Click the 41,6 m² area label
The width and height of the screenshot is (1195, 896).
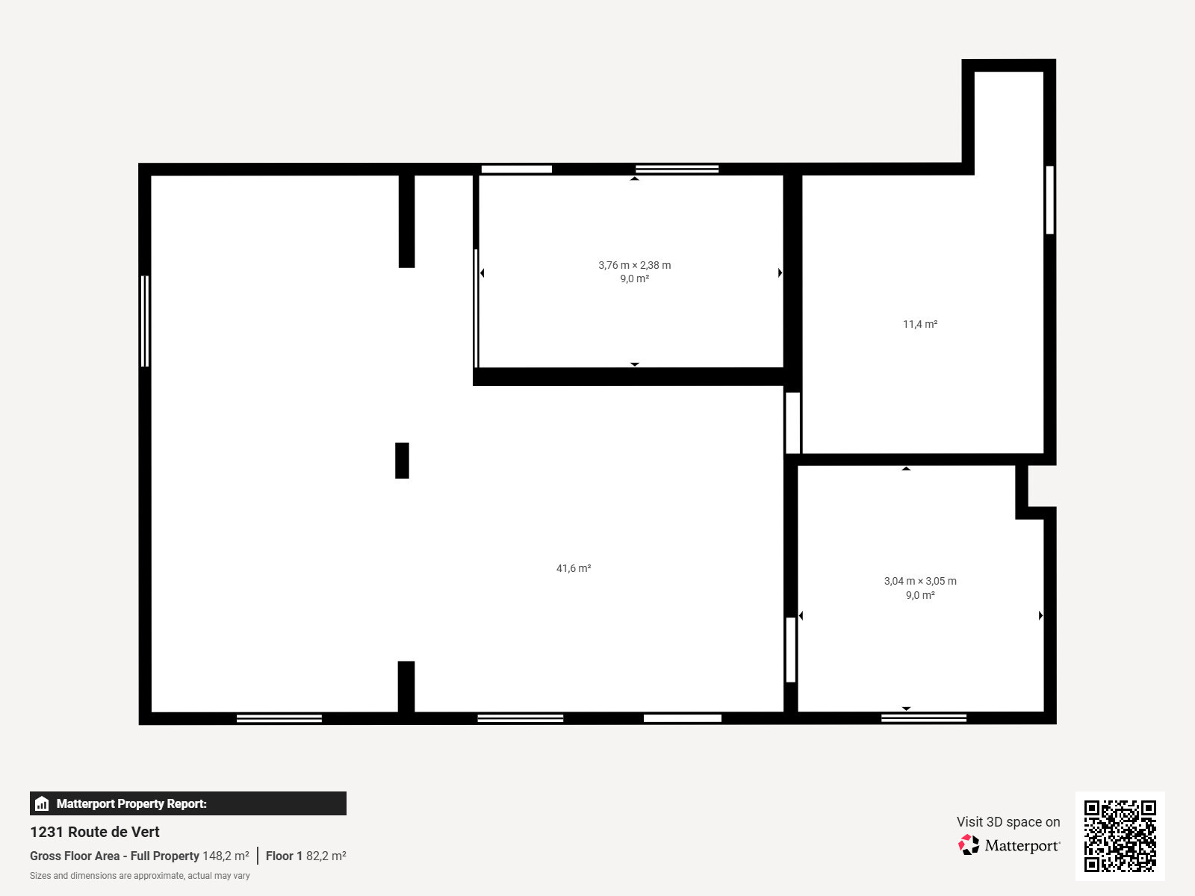coord(574,568)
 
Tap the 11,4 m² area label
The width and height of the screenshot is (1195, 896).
coord(920,324)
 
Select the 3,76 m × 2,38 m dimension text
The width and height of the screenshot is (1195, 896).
coord(634,265)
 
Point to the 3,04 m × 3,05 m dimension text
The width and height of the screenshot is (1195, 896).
coord(920,581)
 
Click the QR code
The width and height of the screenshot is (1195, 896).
coord(1120,836)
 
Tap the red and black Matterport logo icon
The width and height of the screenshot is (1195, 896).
coord(969,845)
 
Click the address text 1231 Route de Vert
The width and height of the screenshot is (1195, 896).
coord(95,832)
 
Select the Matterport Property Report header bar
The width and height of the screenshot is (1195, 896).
coord(187,803)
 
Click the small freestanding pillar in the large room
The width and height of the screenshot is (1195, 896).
coord(402,461)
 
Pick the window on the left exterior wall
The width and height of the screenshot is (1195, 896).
coord(145,321)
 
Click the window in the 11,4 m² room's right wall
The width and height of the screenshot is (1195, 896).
coord(1049,200)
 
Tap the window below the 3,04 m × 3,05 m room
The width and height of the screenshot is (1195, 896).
coord(924,718)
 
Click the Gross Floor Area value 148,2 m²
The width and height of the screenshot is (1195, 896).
coord(226,856)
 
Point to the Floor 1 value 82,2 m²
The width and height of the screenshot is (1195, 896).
coord(326,856)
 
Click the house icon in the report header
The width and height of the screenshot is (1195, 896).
coord(42,803)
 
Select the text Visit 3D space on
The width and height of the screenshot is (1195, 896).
coord(1008,822)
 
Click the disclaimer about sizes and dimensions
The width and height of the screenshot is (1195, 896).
coord(140,876)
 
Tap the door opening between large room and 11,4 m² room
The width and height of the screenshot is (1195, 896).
coord(792,423)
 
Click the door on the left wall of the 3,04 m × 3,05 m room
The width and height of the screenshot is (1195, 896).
coord(791,650)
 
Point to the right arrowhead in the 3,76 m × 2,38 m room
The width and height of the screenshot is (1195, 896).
coord(780,273)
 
